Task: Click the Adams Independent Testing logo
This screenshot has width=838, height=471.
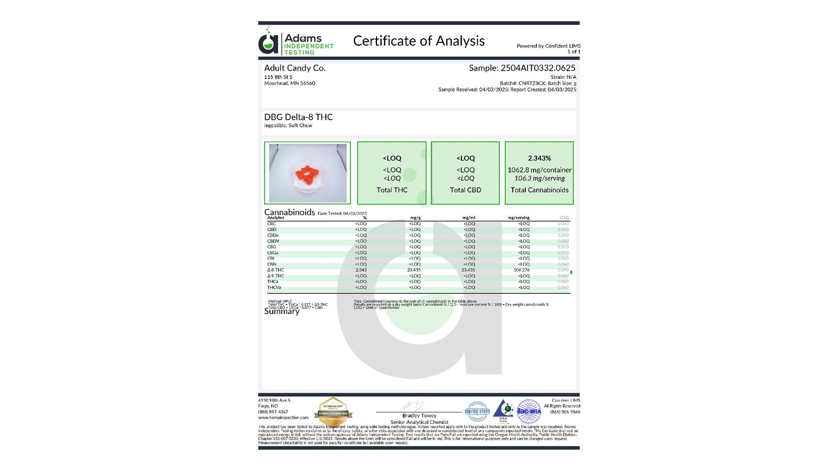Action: (296, 42)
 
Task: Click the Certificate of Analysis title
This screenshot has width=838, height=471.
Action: (418, 41)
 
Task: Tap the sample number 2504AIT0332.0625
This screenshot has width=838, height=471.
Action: (538, 68)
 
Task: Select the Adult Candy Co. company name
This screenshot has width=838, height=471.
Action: (295, 68)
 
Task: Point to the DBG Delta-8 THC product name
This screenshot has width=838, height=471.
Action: (299, 117)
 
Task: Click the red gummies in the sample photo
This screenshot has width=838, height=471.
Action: (306, 175)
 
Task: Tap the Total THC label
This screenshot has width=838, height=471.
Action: (392, 190)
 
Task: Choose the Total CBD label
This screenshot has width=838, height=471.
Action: (465, 190)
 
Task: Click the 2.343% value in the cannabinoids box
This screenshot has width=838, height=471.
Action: (539, 158)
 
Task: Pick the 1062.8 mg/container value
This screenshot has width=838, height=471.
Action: (539, 170)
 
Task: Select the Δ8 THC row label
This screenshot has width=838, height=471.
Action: (275, 270)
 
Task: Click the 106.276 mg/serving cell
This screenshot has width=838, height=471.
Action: (521, 270)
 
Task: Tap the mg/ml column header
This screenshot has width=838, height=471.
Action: (469, 218)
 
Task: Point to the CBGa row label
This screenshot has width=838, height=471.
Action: (273, 253)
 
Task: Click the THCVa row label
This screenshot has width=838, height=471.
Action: (274, 287)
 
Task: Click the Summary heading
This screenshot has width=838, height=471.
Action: (282, 311)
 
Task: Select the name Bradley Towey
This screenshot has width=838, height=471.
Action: (419, 416)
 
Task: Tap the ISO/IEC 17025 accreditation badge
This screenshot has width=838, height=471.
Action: (477, 411)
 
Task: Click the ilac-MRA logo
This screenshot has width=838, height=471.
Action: (529, 411)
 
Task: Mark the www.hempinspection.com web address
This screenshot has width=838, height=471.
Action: (283, 418)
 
